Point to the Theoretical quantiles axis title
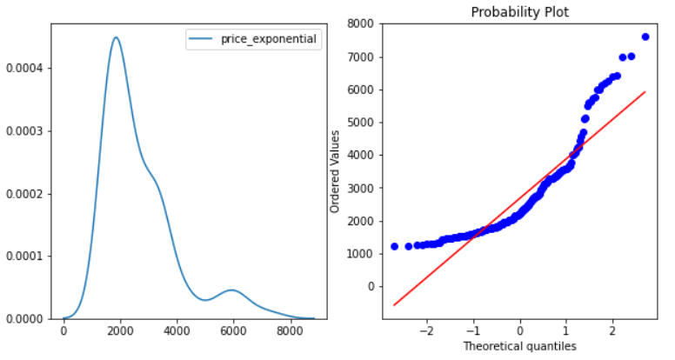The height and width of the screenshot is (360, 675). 519,346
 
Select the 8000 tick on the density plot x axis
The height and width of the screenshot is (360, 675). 291,331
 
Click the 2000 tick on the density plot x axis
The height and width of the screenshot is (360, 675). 120,331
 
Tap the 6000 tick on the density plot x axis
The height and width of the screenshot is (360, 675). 234,331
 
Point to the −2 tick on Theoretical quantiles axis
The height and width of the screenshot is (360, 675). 426,331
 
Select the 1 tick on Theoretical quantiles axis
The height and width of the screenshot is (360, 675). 565,331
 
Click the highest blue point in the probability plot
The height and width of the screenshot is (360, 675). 645,37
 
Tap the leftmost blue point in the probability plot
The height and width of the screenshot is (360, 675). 394,246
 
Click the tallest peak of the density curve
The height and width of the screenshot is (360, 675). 116,37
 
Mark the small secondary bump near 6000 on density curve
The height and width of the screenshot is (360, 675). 231,290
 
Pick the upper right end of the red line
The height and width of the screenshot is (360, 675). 645,91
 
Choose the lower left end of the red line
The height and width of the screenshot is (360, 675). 394,305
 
